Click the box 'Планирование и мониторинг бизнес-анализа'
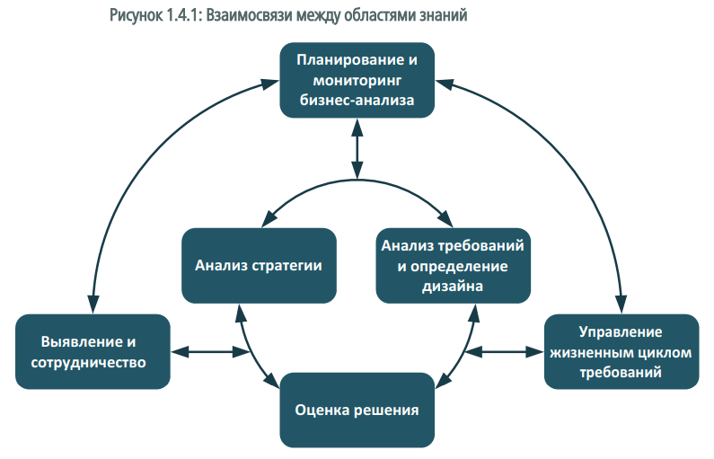pyautogui.click(x=357, y=82)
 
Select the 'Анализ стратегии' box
pyautogui.click(x=259, y=265)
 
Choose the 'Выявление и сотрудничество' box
pyautogui.click(x=93, y=351)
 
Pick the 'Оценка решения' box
pyautogui.click(x=357, y=410)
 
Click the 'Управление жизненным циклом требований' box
pyautogui.click(x=621, y=351)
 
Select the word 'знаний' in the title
pyautogui.click(x=444, y=16)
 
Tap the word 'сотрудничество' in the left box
pyautogui.click(x=93, y=361)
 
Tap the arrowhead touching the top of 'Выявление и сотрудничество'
pyautogui.click(x=93, y=305)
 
